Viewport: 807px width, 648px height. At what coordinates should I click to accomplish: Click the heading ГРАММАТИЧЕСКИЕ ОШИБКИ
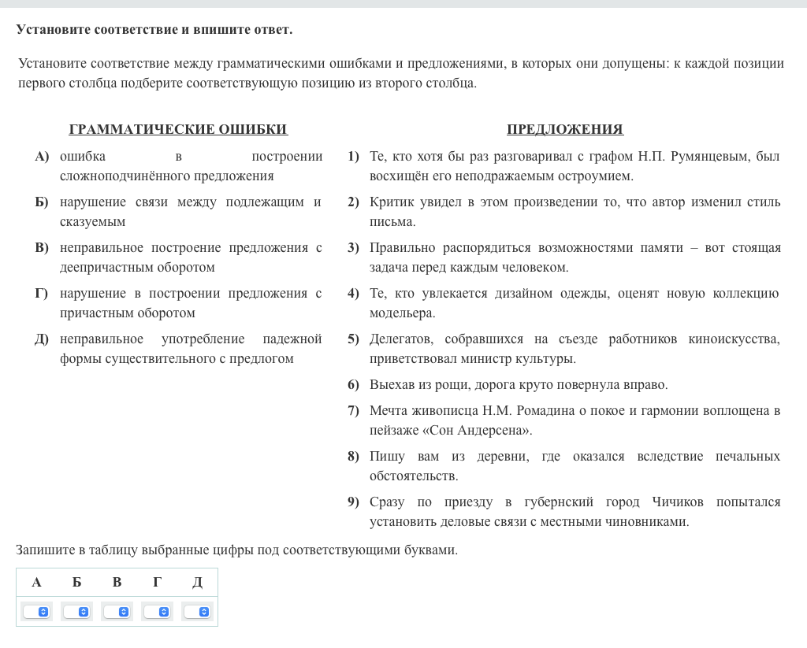click(178, 129)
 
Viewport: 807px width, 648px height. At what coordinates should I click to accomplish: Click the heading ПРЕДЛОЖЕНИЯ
click(564, 129)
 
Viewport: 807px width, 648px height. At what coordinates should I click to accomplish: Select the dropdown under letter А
click(36, 611)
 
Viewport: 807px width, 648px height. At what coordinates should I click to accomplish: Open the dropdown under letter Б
click(76, 611)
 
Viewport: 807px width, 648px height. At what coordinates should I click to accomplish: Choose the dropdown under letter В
click(117, 611)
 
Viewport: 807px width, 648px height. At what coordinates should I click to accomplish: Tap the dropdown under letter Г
click(157, 611)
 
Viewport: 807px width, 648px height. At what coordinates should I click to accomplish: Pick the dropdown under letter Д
click(197, 611)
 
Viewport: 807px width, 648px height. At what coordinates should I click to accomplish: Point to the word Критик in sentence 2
click(392, 202)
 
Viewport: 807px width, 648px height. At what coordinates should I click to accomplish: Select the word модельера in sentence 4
click(401, 313)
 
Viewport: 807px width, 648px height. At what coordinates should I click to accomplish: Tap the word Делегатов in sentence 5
click(402, 339)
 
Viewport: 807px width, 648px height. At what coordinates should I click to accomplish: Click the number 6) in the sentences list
click(353, 385)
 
